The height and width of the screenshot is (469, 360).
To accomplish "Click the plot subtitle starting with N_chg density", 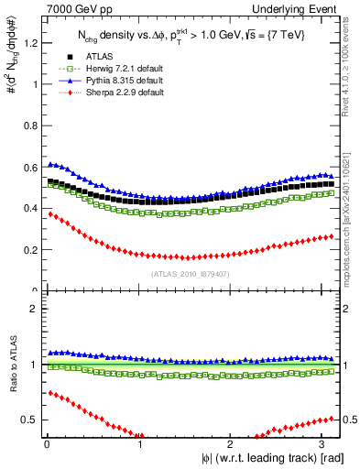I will click(x=191, y=35).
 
